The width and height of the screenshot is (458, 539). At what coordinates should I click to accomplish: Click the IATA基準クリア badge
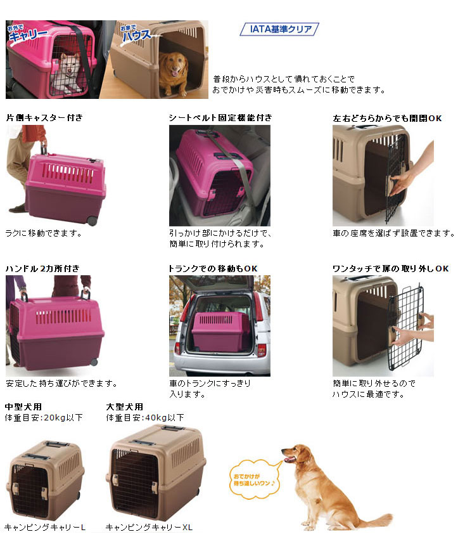[x=279, y=29]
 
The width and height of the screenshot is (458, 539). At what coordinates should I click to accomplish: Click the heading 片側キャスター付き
[x=44, y=118]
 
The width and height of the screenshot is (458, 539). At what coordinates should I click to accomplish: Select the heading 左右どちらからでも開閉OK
[x=387, y=118]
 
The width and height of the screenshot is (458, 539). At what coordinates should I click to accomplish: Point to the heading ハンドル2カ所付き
[x=42, y=268]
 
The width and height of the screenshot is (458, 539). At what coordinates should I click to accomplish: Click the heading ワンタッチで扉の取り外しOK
[x=390, y=268]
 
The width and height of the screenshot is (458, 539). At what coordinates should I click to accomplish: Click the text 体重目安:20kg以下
[x=44, y=417]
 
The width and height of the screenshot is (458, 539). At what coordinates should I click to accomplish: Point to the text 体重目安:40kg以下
[x=145, y=417]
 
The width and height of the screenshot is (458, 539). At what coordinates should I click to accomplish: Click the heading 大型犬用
[x=125, y=406]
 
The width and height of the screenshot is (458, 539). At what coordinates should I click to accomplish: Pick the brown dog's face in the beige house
[x=172, y=67]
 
